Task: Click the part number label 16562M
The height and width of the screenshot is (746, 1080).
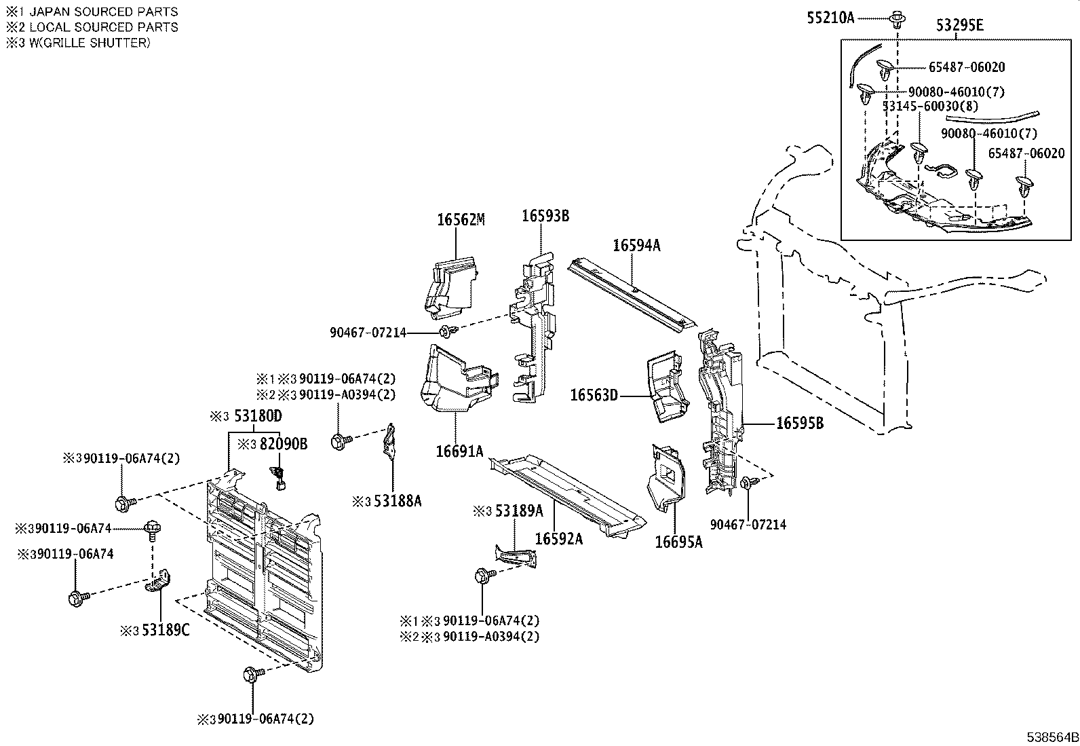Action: [x=461, y=219]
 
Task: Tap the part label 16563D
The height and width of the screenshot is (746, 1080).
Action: [x=594, y=395]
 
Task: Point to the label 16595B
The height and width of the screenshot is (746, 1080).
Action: [x=800, y=423]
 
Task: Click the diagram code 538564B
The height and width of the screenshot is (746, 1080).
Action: [x=1052, y=737]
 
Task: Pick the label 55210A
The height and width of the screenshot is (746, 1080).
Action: [x=831, y=18]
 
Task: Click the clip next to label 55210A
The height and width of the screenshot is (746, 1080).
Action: [x=897, y=19]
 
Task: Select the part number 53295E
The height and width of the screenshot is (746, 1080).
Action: [x=960, y=25]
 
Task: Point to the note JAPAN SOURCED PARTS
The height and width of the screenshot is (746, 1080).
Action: [x=104, y=12]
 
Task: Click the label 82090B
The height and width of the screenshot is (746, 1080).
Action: [x=284, y=443]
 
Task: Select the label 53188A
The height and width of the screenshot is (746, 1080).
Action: [x=398, y=501]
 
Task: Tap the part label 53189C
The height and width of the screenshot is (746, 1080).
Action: [x=166, y=630]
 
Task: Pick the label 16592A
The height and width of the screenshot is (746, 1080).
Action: [x=559, y=538]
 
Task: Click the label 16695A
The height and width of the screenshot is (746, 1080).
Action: [x=679, y=542]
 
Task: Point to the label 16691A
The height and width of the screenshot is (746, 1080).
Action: [x=459, y=451]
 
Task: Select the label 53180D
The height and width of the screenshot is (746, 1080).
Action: [x=258, y=415]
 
